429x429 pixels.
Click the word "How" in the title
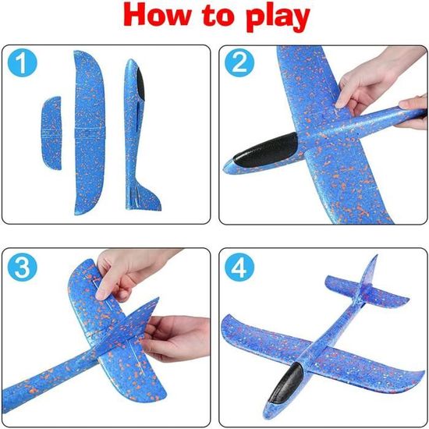[x=157, y=16]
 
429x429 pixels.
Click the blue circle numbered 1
[x=22, y=62]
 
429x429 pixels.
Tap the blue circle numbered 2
[x=239, y=62]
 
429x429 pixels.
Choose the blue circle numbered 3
[x=22, y=267]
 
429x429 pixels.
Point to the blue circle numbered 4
[x=239, y=267]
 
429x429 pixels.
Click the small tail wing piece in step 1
[x=51, y=133]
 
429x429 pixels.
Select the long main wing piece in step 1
[x=89, y=133]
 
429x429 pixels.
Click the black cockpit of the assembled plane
[x=285, y=384]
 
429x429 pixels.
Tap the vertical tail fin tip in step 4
[x=377, y=256]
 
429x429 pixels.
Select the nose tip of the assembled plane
[x=266, y=418]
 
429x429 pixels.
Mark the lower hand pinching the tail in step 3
[x=175, y=338]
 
